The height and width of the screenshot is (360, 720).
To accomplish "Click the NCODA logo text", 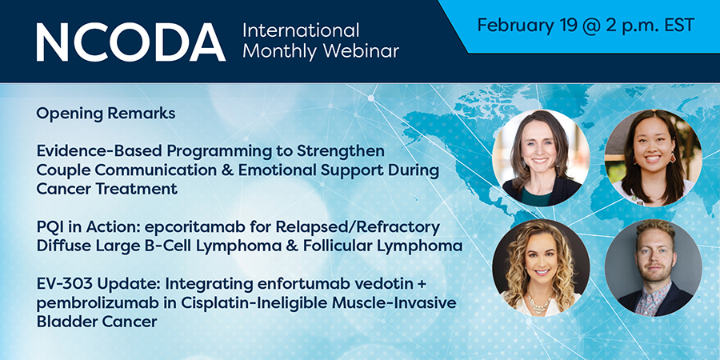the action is point(131,42).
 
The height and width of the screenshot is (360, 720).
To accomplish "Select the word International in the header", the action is point(301,30).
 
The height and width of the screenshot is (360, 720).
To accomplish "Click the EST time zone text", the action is point(678,25).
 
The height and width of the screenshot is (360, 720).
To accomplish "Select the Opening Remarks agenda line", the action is point(106,114).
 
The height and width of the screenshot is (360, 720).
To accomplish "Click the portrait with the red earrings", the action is point(653,158).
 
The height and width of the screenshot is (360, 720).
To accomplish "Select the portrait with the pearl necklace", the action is point(541,268).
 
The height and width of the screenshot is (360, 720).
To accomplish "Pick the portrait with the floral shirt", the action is point(653,268).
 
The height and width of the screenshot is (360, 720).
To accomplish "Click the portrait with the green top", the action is point(541,158).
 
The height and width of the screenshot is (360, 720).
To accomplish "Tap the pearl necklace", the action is point(540,303).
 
